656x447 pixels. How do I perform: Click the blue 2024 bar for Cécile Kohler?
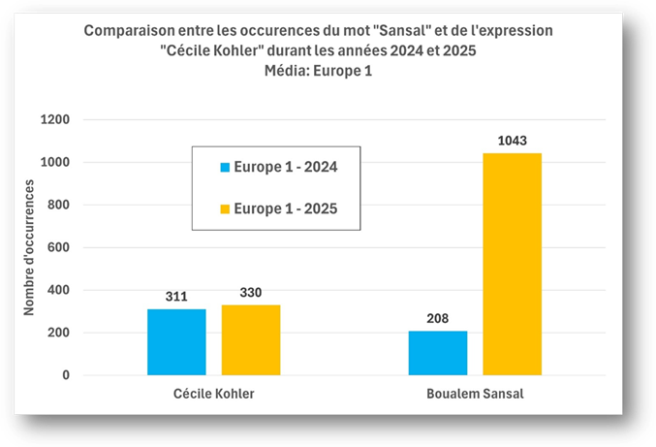tap(176, 341)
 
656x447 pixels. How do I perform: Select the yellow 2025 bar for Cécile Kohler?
tap(251, 339)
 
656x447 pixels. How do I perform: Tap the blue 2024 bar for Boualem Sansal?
tap(437, 353)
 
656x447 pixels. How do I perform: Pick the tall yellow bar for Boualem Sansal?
tap(512, 264)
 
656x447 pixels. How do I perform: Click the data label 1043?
tap(512, 142)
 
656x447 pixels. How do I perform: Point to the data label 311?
tap(176, 297)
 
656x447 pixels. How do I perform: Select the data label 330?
tap(251, 293)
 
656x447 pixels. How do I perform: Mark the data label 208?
tap(437, 319)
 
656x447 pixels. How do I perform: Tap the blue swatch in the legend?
tap(225, 167)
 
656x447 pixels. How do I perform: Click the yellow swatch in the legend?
tap(225, 208)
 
